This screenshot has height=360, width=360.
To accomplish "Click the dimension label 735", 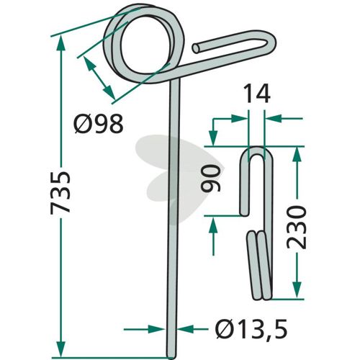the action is pyautogui.click(x=60, y=192).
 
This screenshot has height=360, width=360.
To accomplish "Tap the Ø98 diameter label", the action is pyautogui.click(x=99, y=124).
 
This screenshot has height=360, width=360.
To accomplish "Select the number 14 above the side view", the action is pyautogui.click(x=257, y=94).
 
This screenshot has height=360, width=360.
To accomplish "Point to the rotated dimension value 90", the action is pyautogui.click(x=211, y=179).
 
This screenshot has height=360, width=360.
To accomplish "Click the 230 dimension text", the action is pyautogui.click(x=297, y=228).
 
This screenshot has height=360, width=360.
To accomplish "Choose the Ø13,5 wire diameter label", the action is pyautogui.click(x=251, y=329).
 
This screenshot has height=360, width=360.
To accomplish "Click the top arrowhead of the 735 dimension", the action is pyautogui.click(x=61, y=43).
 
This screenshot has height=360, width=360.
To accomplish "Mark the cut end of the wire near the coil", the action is pyautogui.click(x=197, y=48).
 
